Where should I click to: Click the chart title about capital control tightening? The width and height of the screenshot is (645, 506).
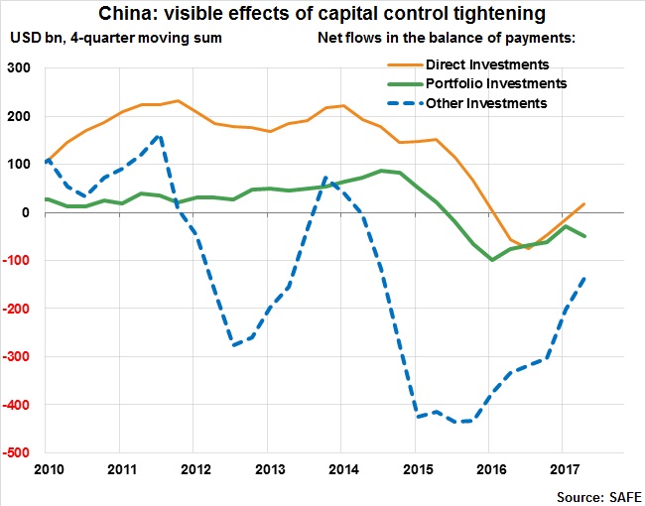(x=322, y=14)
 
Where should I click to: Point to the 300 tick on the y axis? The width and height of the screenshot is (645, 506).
(x=20, y=68)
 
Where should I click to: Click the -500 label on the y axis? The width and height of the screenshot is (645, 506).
(x=17, y=453)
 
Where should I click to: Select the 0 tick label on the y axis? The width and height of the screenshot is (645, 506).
(x=29, y=213)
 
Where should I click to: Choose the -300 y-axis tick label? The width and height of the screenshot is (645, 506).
(x=17, y=357)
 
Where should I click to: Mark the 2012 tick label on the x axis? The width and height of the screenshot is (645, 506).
(x=194, y=467)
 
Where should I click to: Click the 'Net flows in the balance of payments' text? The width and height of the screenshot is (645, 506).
(x=447, y=39)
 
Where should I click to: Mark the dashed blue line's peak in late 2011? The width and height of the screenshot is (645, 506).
(x=159, y=136)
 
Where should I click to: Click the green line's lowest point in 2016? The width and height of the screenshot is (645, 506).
(x=489, y=260)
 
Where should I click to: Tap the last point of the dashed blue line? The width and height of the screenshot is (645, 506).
(x=583, y=278)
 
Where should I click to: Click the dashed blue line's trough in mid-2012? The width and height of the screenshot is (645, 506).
(x=233, y=345)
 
